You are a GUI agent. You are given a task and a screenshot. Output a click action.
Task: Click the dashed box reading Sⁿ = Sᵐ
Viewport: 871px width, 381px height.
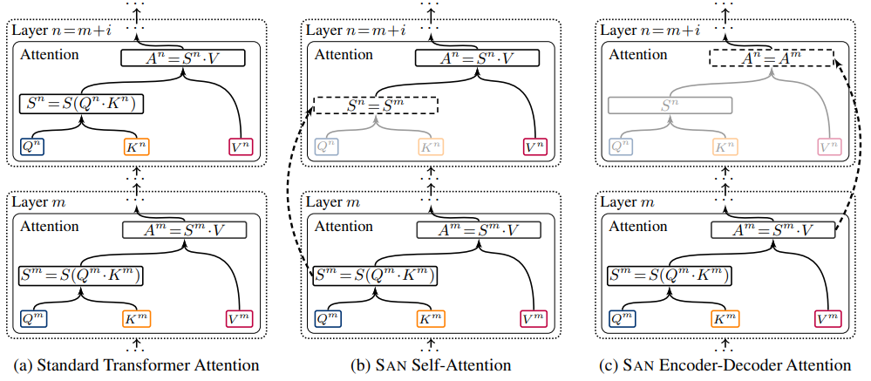point(376,105)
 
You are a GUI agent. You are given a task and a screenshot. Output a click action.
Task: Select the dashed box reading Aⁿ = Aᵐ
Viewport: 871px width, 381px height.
point(772,58)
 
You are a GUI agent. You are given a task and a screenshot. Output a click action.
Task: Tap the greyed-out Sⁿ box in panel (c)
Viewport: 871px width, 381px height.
point(670,105)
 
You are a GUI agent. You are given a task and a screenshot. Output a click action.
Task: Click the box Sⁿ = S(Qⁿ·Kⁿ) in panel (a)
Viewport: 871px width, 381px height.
point(82,105)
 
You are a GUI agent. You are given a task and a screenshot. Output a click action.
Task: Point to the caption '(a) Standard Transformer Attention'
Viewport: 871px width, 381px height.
point(135,365)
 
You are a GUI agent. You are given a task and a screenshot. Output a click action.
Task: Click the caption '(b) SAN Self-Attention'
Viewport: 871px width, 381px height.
point(431,365)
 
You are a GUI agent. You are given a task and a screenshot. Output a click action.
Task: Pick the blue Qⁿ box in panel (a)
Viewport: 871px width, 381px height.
point(32,146)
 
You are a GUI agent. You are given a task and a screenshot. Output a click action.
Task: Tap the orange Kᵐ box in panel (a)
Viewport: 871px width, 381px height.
point(137,318)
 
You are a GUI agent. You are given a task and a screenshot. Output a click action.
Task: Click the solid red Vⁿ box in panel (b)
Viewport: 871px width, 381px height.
point(535,146)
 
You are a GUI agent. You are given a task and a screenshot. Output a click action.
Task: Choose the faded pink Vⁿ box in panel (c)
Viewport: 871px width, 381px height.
point(830,146)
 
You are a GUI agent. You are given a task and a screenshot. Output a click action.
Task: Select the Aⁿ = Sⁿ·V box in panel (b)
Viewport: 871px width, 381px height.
point(477,58)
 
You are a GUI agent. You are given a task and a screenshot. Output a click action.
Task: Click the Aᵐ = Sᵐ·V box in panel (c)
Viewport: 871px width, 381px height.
point(772,229)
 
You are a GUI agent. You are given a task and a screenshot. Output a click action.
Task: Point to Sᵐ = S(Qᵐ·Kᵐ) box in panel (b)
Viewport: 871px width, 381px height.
point(375,276)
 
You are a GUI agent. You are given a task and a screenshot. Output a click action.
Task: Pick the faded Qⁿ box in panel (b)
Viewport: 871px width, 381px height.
point(327,146)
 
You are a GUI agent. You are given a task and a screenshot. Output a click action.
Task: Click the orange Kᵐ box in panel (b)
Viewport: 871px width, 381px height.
point(431,318)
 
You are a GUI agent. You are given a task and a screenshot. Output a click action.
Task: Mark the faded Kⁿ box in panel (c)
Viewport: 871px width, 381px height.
point(725,146)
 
